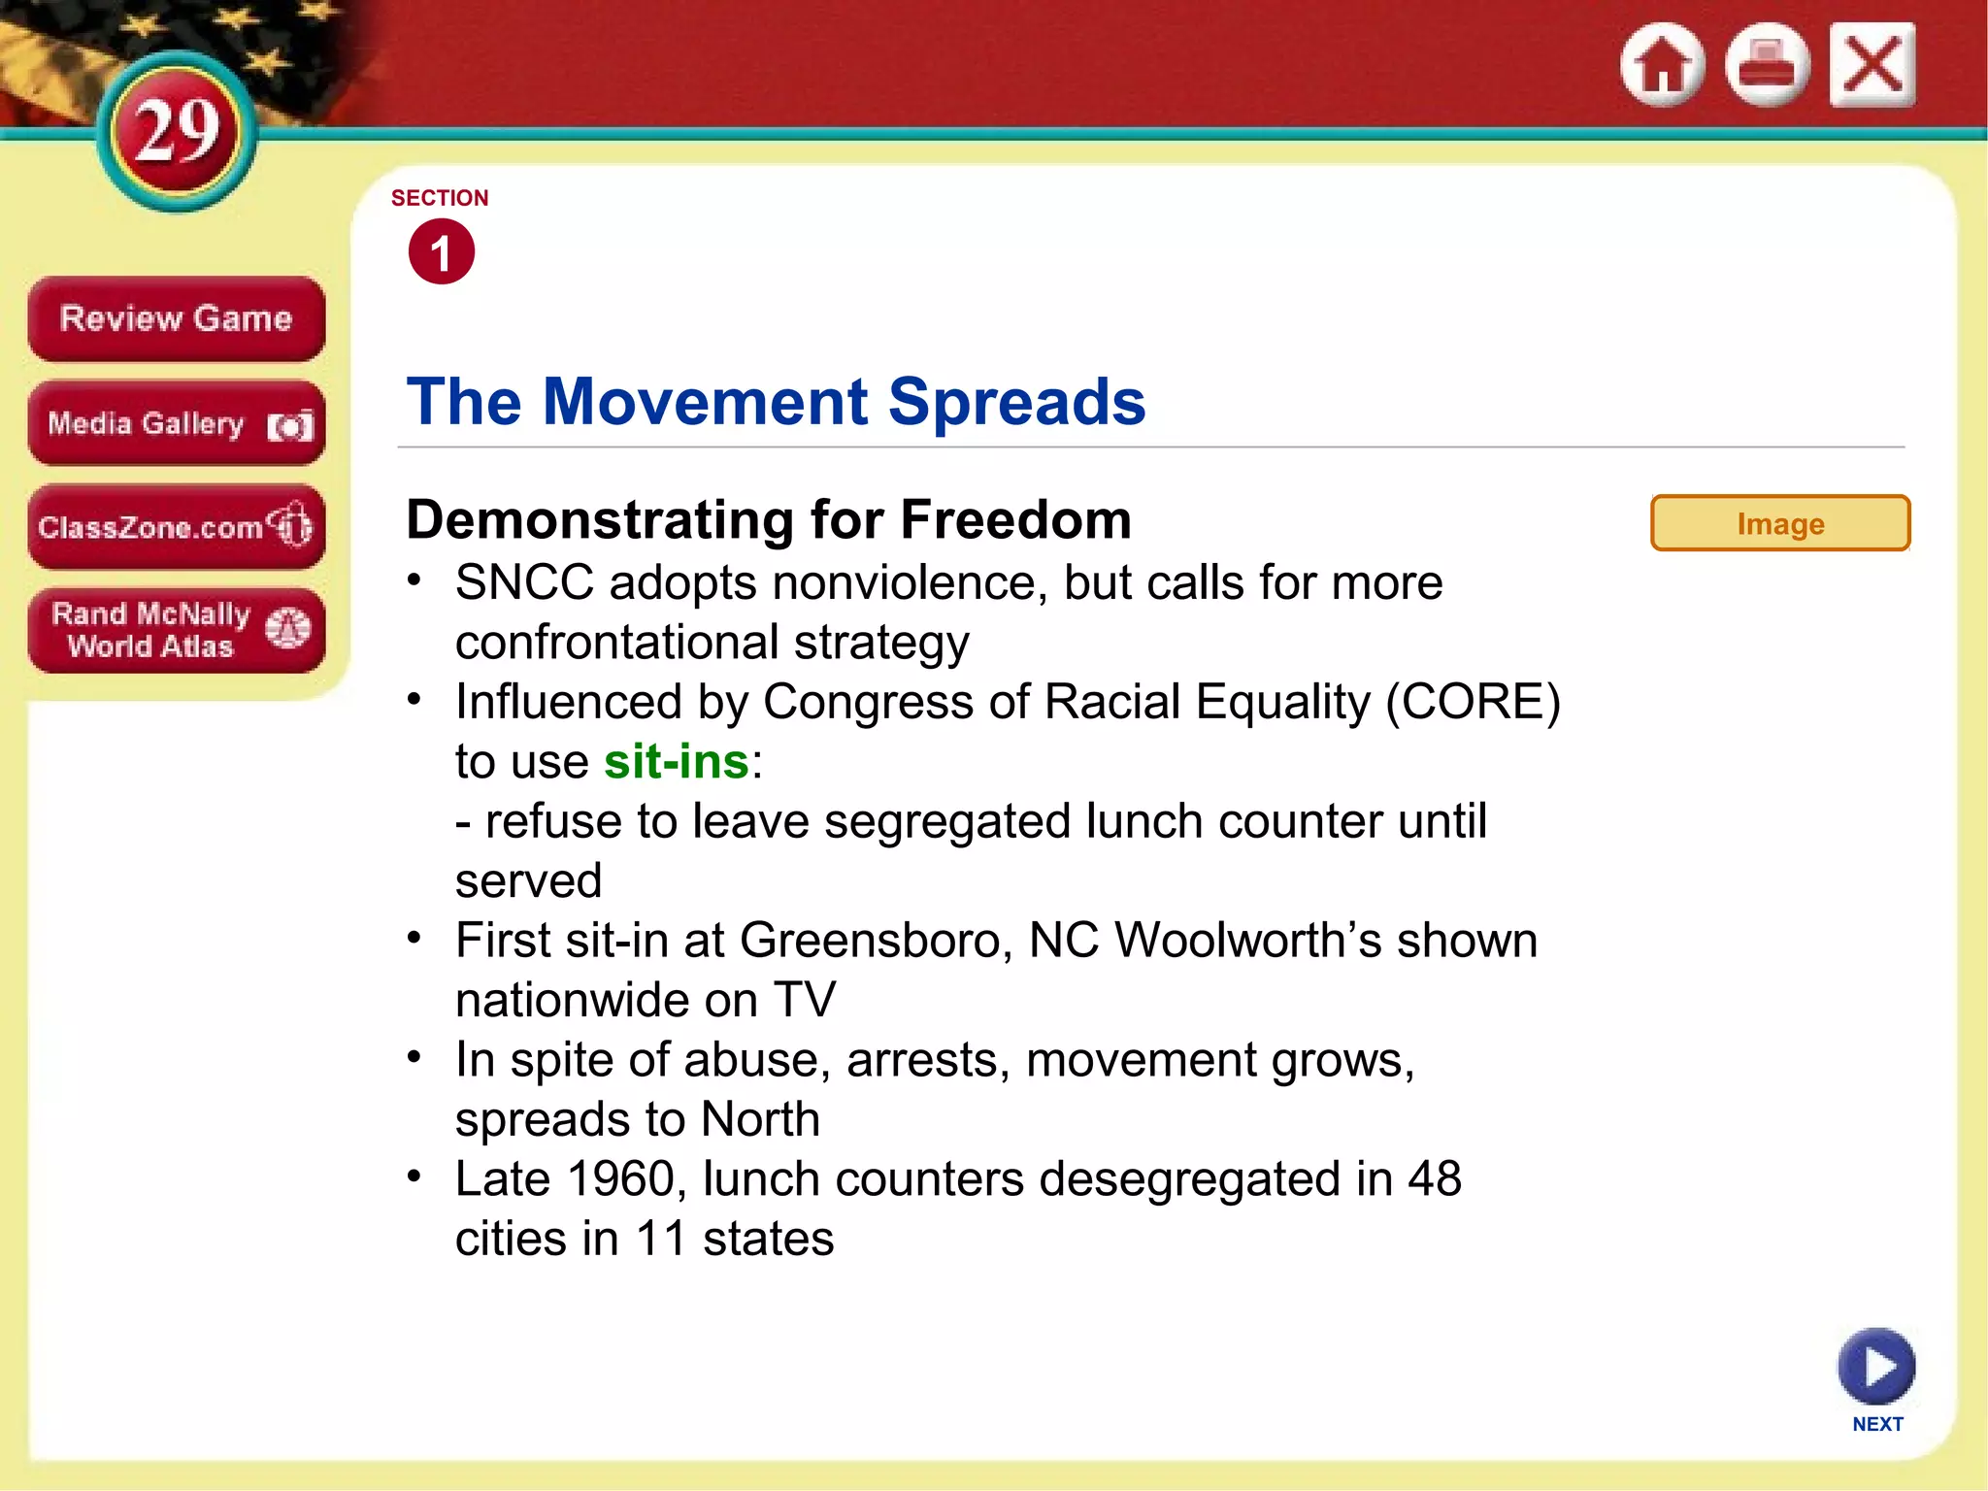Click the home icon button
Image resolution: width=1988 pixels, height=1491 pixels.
[x=1662, y=65]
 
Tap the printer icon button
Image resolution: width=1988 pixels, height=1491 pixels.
[x=1767, y=65]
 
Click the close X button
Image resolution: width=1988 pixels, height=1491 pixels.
[x=1872, y=65]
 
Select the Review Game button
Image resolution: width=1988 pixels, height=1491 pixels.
[x=176, y=319]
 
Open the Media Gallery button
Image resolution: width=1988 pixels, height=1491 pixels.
[x=176, y=424]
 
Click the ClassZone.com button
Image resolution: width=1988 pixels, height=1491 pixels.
[x=176, y=527]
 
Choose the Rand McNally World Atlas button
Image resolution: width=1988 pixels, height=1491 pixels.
[x=176, y=630]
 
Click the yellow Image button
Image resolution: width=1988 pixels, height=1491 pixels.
[x=1780, y=524]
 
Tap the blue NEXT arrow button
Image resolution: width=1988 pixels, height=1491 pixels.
[x=1876, y=1367]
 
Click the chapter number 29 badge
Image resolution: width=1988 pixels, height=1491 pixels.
[x=178, y=132]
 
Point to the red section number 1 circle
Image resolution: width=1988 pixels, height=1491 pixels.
[x=442, y=252]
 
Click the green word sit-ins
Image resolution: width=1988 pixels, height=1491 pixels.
[x=677, y=762]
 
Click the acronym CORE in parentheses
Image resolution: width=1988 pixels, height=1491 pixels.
[x=1473, y=702]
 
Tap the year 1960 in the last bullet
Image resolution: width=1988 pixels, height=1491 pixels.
[x=620, y=1179]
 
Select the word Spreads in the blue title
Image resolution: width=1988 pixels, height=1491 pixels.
[x=1016, y=402]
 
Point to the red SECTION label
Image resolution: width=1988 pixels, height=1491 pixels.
[x=440, y=198]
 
